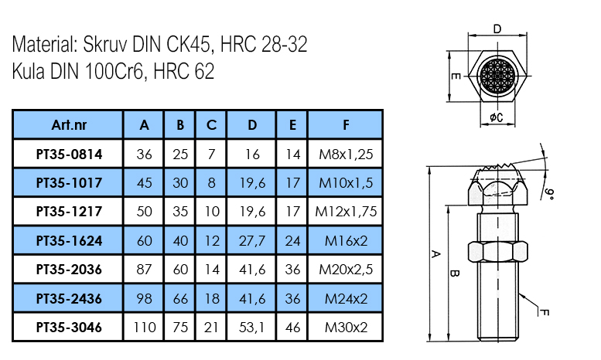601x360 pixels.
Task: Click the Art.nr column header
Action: pos(68,124)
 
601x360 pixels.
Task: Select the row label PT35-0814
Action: pos(68,154)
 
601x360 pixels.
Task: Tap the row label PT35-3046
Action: pos(68,328)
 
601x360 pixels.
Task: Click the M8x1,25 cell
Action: pos(345,154)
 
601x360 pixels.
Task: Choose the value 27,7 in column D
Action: pos(252,241)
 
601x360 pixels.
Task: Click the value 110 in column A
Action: pos(144,328)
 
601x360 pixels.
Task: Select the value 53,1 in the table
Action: pos(252,328)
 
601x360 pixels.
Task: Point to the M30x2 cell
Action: pos(345,328)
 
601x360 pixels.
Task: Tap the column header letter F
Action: pos(345,124)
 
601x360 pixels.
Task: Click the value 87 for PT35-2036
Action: pos(144,270)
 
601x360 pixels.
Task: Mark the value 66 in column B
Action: pos(180,299)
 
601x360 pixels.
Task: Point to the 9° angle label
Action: pos(550,192)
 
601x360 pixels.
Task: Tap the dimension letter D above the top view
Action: pos(497,29)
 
